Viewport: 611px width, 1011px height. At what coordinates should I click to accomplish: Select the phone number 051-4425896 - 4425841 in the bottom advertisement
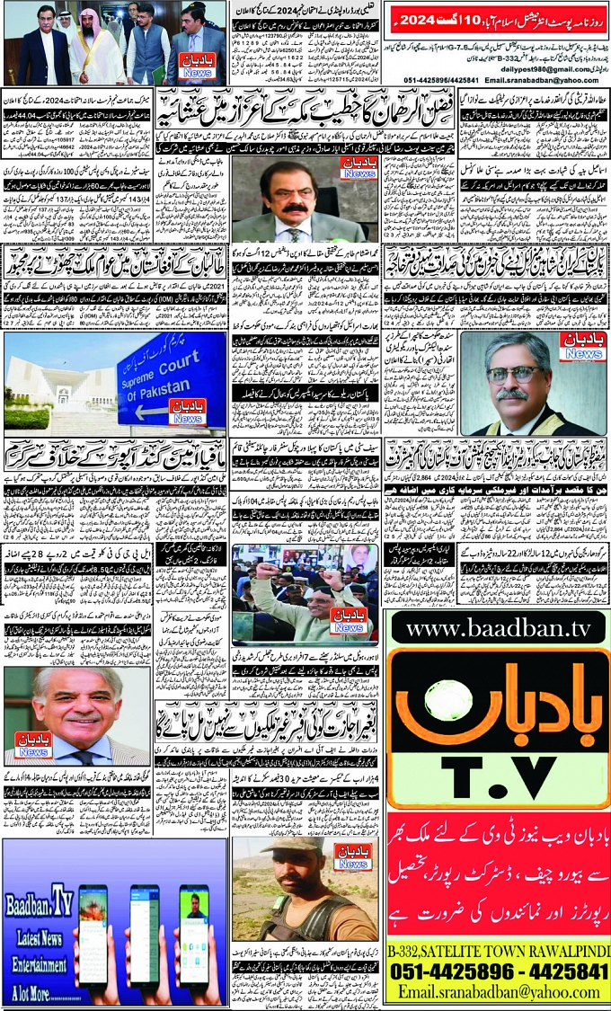click(x=499, y=972)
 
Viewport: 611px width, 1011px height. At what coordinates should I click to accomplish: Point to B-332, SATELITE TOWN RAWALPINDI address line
click(x=499, y=951)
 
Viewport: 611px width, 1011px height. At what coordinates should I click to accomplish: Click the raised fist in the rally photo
click(x=270, y=572)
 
